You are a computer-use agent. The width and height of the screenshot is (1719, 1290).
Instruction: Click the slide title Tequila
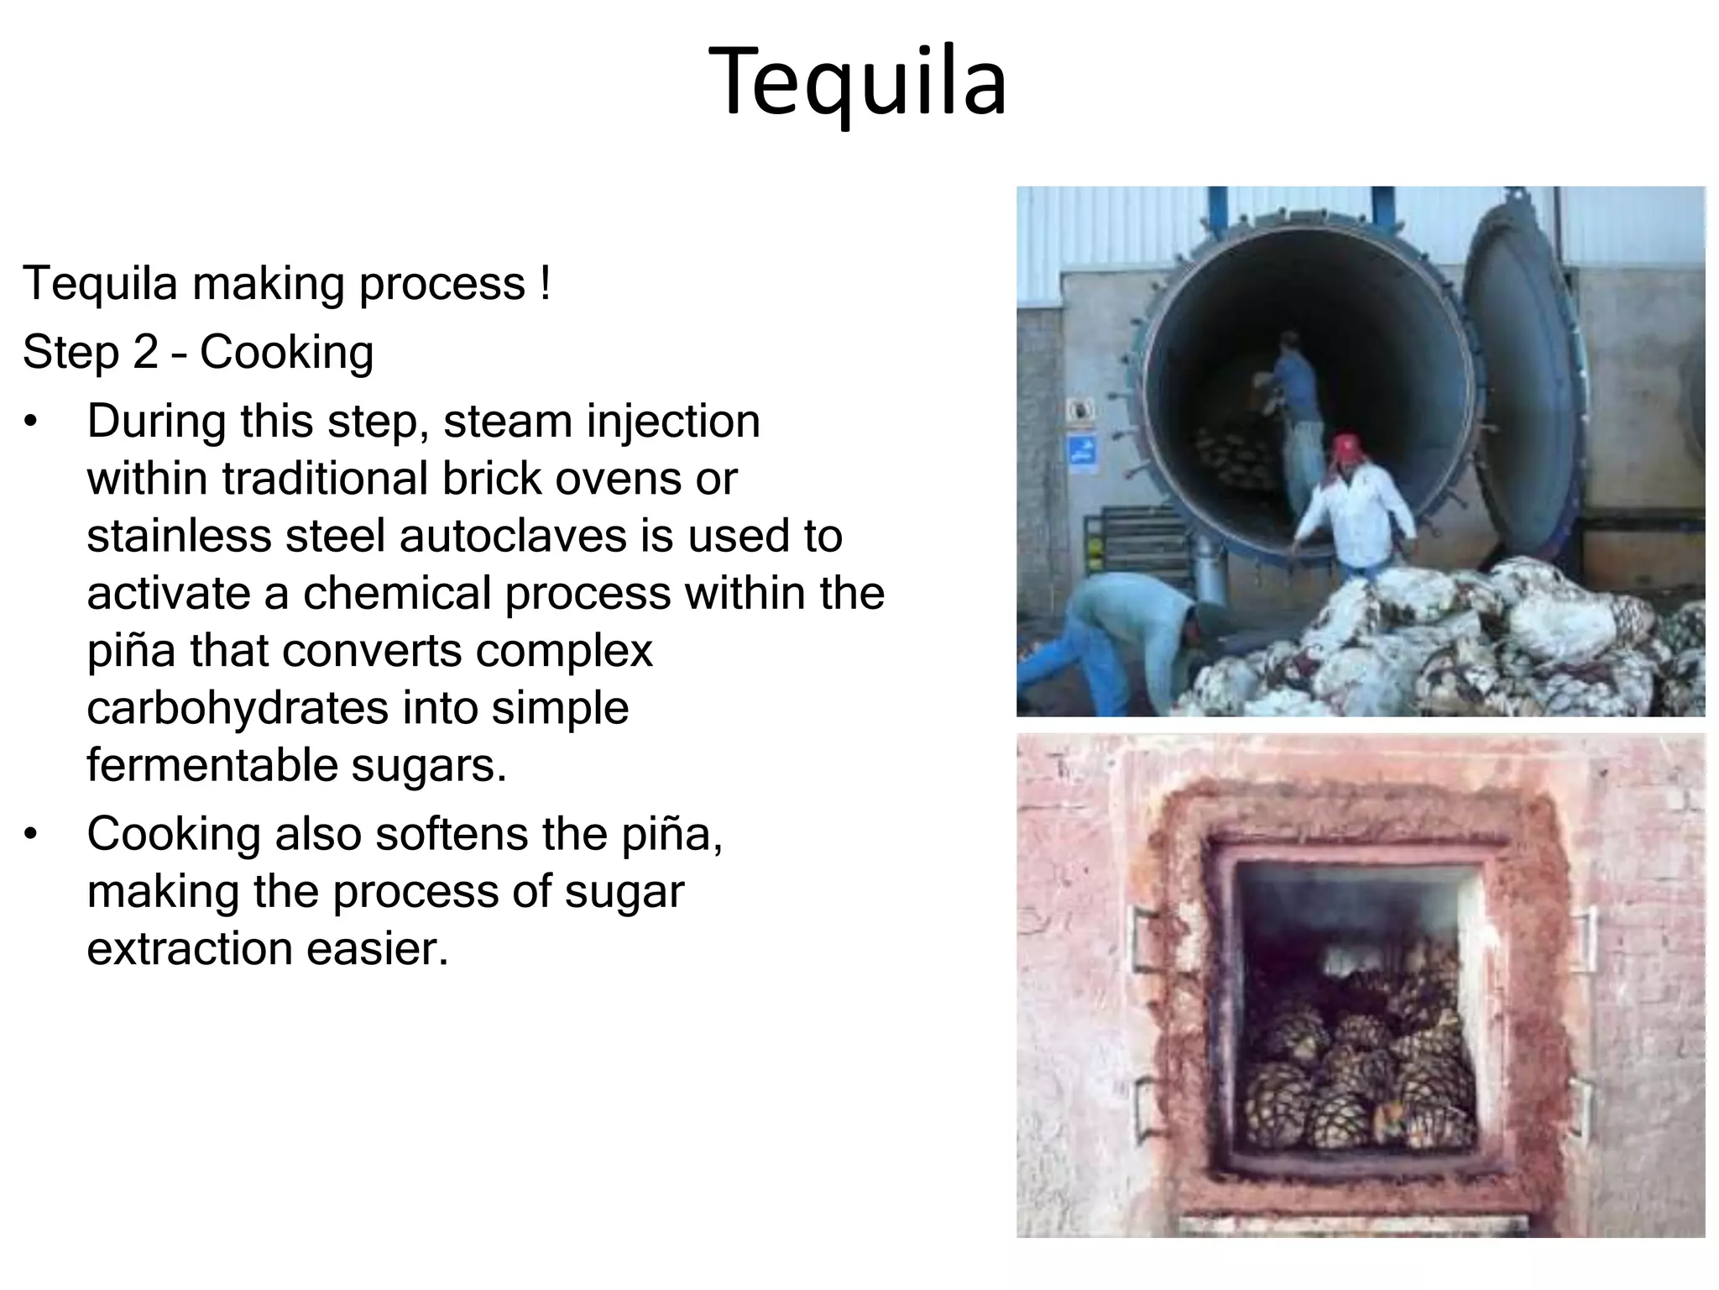click(x=858, y=82)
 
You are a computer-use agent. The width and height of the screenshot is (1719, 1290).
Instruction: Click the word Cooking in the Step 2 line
click(x=286, y=352)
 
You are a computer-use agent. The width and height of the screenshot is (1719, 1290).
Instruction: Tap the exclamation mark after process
click(x=545, y=283)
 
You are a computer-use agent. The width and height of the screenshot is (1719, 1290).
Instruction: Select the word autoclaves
click(x=513, y=536)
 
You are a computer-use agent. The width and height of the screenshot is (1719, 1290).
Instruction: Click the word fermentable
click(x=212, y=764)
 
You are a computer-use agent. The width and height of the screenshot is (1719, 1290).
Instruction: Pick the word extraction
click(x=190, y=948)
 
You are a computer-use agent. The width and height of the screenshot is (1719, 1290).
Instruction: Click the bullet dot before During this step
click(x=32, y=421)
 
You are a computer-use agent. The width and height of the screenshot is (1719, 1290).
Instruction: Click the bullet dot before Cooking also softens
click(x=32, y=834)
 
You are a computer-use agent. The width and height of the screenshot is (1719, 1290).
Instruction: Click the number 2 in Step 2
click(x=145, y=352)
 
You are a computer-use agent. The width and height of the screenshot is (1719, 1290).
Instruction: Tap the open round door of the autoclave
click(x=1519, y=370)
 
